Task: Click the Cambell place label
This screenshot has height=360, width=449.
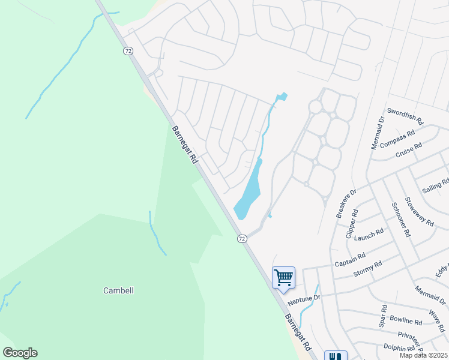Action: pyautogui.click(x=118, y=290)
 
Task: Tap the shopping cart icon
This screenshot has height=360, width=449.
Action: pyautogui.click(x=283, y=277)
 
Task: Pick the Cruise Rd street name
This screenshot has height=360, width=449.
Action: pyautogui.click(x=409, y=149)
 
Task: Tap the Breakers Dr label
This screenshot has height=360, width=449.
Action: pyautogui.click(x=346, y=203)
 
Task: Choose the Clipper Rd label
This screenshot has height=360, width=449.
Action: pyautogui.click(x=352, y=224)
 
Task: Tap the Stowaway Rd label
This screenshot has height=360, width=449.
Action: pyautogui.click(x=419, y=211)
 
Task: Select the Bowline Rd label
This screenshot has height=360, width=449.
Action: pyautogui.click(x=406, y=322)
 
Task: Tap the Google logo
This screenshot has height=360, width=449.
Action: pyautogui.click(x=20, y=353)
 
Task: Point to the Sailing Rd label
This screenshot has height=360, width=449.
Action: pyautogui.click(x=436, y=185)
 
